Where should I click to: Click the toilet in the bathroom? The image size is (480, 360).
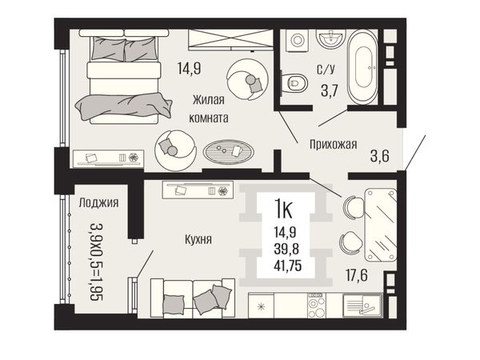coord(294,82)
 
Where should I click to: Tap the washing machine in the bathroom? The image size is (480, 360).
coord(297,40)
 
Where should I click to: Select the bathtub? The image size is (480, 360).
coord(363,66)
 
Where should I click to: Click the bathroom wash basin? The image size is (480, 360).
coord(330,38)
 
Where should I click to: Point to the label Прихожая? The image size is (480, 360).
coord(333,144)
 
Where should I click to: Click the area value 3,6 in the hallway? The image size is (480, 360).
coord(379,156)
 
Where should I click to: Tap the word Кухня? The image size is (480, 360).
coord(198,239)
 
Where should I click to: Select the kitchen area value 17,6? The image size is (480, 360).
coord(357,275)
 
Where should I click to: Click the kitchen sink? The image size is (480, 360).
coord(362,305)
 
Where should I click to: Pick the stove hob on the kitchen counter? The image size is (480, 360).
coord(317,306)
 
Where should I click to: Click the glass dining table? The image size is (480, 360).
coord(381,225)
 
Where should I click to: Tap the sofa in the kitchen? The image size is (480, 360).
coord(193,298)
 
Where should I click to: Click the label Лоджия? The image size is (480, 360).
coord(98,202)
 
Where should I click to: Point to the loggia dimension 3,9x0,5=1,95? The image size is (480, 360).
coord(97,262)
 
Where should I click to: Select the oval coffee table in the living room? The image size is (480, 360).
coord(228,151)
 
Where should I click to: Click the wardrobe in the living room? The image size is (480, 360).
coord(230,40)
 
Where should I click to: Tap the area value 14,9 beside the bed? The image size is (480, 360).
coord(189,68)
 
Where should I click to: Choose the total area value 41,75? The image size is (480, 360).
coord(288,265)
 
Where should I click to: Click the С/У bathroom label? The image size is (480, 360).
coord(326,70)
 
